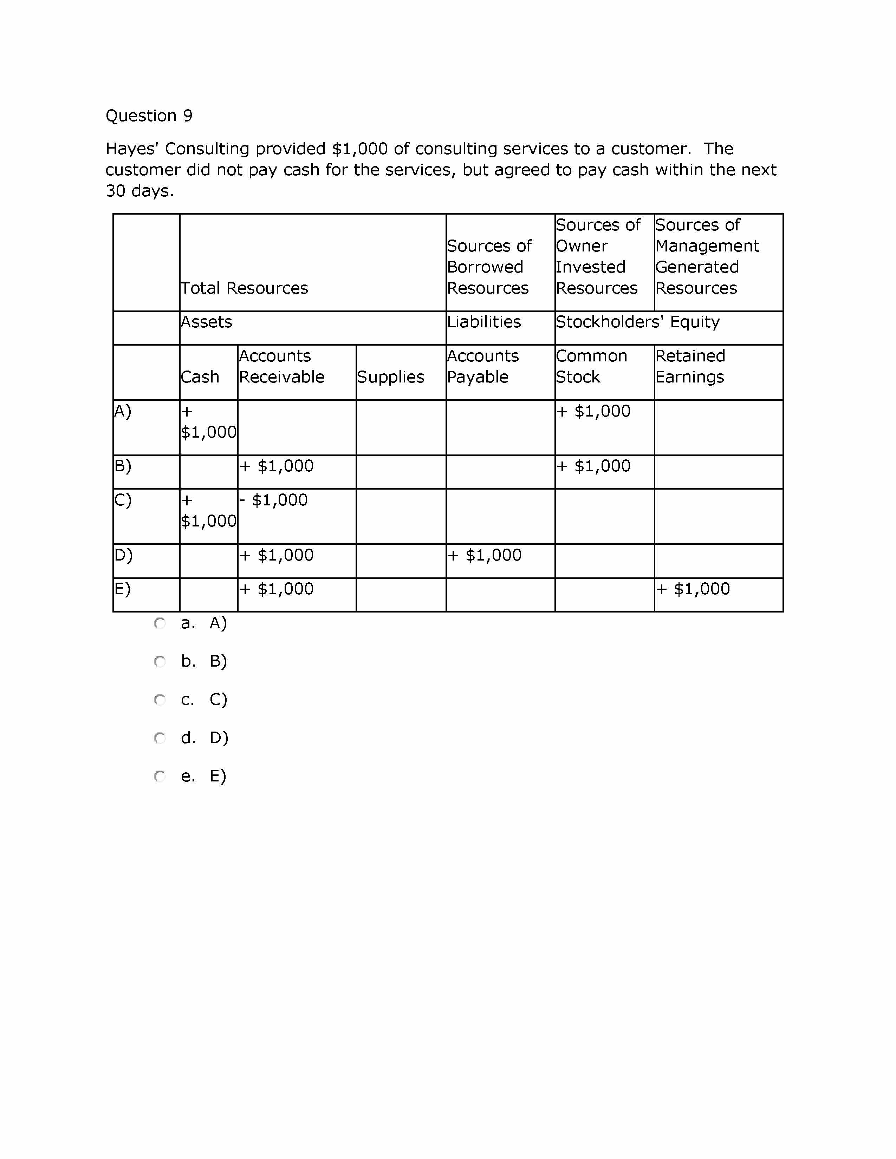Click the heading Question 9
149,116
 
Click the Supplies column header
390,377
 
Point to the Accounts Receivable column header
281,366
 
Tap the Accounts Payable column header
482,366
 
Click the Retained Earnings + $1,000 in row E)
693,589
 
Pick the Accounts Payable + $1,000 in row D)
485,555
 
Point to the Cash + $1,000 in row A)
208,422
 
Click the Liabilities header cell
483,322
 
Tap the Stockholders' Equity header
637,322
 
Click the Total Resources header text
244,288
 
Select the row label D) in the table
123,555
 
